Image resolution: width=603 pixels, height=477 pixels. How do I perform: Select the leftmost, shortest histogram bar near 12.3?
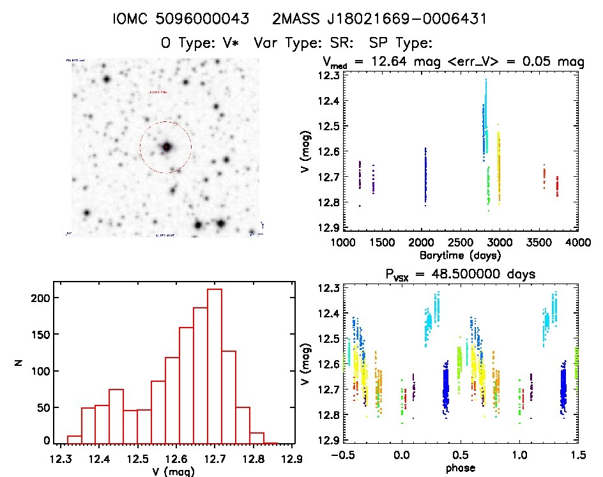point(75,439)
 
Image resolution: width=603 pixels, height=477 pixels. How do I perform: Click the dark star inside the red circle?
point(167,147)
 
